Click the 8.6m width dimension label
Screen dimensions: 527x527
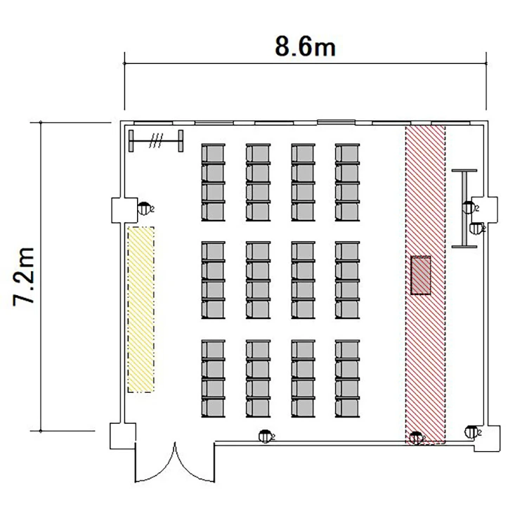(x=305, y=46)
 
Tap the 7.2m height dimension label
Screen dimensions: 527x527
(x=23, y=276)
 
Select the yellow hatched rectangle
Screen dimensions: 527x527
(x=141, y=309)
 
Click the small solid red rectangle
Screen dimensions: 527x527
(x=421, y=275)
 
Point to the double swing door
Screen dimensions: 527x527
(x=175, y=464)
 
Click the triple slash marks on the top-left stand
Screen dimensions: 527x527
(x=156, y=141)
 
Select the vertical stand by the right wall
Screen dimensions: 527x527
(x=464, y=209)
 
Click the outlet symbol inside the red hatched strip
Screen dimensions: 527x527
(x=416, y=438)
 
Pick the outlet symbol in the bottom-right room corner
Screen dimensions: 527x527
(x=472, y=432)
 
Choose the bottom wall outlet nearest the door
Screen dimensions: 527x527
(x=266, y=436)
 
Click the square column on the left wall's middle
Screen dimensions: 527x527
(x=124, y=210)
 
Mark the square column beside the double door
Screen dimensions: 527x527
(x=123, y=436)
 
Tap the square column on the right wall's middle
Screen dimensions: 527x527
(x=485, y=209)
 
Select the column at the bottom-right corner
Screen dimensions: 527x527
(x=488, y=438)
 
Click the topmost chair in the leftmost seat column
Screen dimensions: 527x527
(x=213, y=154)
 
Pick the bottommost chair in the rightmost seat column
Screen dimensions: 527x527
(x=347, y=408)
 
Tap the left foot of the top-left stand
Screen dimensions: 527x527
(x=131, y=141)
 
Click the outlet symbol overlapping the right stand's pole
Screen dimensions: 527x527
(x=469, y=207)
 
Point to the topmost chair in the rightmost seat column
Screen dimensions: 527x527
(x=347, y=154)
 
